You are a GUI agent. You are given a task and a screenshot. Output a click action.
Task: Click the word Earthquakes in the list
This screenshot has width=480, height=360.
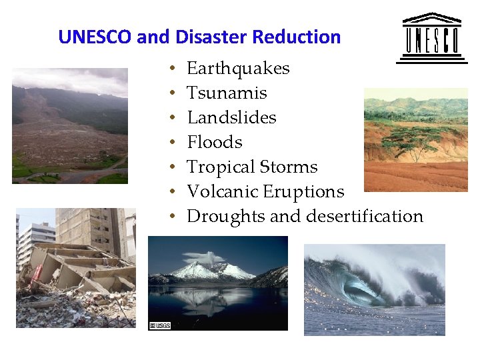coord(238,69)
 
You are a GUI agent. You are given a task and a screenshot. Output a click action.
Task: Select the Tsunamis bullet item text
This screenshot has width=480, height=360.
coord(227,93)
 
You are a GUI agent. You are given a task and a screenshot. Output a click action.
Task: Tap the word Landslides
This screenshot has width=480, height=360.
coord(231,118)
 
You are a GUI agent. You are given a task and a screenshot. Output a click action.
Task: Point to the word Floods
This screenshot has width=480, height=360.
coord(214,143)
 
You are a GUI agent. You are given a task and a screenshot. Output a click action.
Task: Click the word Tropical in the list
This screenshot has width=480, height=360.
coord(217,167)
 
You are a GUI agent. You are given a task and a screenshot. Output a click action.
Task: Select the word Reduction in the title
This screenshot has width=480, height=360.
coord(296,37)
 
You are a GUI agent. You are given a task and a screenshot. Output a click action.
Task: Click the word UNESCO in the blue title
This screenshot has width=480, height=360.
coord(95,37)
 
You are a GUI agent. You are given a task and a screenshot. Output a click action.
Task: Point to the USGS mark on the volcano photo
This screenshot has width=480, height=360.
coord(160,325)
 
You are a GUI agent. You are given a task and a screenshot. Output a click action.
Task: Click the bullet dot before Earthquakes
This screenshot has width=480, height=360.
coord(171,69)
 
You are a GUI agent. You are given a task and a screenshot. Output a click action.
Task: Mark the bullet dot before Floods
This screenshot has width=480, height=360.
coord(171,143)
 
